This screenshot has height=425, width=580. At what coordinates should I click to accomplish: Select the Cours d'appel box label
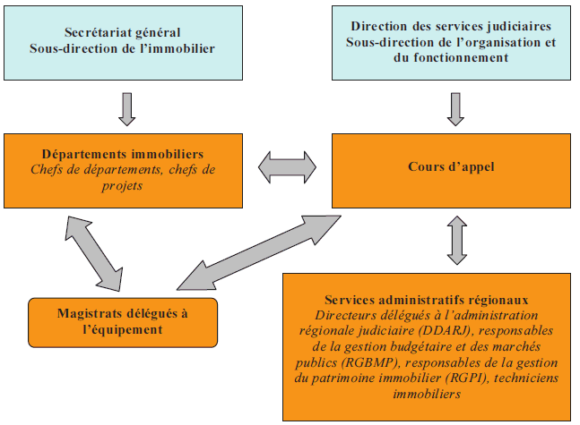pos(451,166)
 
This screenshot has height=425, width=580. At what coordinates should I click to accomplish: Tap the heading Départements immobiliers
pos(122,152)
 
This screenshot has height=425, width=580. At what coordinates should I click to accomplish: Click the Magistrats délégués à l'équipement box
pos(123,321)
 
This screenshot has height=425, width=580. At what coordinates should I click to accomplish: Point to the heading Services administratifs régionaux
pos(427,300)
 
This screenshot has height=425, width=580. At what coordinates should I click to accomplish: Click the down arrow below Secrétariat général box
pos(126,107)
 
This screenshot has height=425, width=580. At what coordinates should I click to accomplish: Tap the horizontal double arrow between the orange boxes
pos(288,166)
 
